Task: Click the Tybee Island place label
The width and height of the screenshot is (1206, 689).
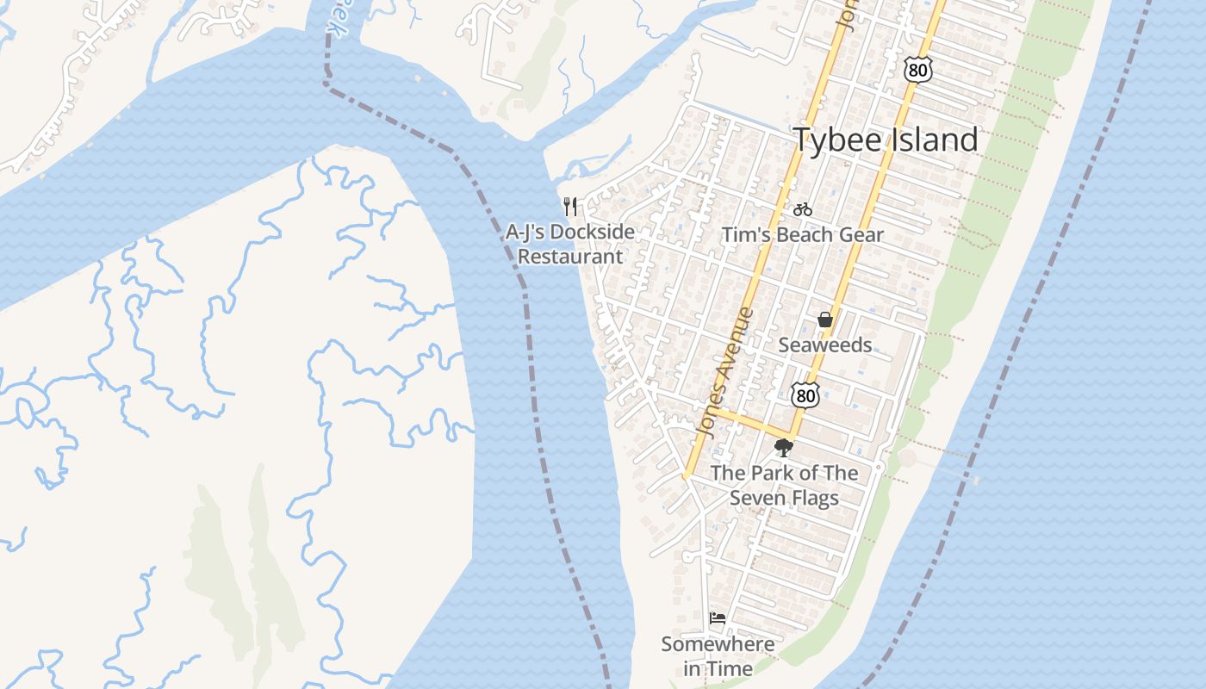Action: point(886,140)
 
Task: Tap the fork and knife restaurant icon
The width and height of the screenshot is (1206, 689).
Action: point(569,206)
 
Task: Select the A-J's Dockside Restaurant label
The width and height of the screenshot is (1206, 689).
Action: point(569,244)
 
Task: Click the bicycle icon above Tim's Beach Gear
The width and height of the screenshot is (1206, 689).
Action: point(803,208)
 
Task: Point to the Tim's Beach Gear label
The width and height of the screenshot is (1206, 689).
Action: point(803,235)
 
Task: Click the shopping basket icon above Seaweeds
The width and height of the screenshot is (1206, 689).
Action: point(825,320)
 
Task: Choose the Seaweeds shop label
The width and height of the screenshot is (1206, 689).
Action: point(825,345)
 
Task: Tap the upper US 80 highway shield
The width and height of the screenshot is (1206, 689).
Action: point(918,70)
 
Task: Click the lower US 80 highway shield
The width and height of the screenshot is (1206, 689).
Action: point(805,395)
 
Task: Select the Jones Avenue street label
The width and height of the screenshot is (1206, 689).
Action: point(722,372)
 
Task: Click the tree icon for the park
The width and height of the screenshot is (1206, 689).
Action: point(783,447)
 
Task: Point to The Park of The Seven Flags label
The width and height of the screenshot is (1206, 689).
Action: point(784,485)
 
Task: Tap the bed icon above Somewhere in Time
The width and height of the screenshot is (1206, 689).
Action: point(718,618)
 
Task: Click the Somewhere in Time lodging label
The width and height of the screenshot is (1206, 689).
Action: point(718,656)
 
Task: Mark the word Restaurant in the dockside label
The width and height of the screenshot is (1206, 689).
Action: point(569,257)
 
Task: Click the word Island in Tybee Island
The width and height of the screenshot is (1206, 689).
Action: point(934,140)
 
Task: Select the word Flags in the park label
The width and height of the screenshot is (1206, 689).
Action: point(814,498)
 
